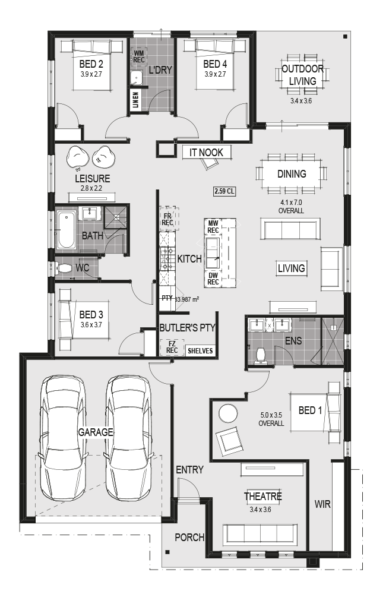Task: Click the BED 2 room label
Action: pyautogui.click(x=91, y=64)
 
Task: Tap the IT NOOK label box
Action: pyautogui.click(x=207, y=152)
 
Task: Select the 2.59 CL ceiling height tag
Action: pyautogui.click(x=224, y=191)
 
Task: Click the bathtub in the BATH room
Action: pyautogui.click(x=67, y=230)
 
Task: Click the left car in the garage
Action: pyautogui.click(x=63, y=438)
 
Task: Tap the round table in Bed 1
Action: pyautogui.click(x=229, y=413)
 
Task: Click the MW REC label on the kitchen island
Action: pyautogui.click(x=213, y=226)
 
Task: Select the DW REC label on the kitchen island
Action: pyautogui.click(x=213, y=279)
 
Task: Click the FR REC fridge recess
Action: pyautogui.click(x=168, y=219)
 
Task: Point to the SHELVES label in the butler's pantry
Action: pyautogui.click(x=200, y=351)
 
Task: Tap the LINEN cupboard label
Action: pyautogui.click(x=136, y=100)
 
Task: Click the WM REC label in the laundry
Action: pyautogui.click(x=138, y=56)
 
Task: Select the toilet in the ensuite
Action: pyautogui.click(x=260, y=356)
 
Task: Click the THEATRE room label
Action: pyautogui.click(x=263, y=496)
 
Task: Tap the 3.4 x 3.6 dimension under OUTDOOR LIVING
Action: pyautogui.click(x=301, y=101)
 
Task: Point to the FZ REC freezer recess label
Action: pyautogui.click(x=172, y=347)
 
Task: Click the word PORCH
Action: pyautogui.click(x=189, y=537)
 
